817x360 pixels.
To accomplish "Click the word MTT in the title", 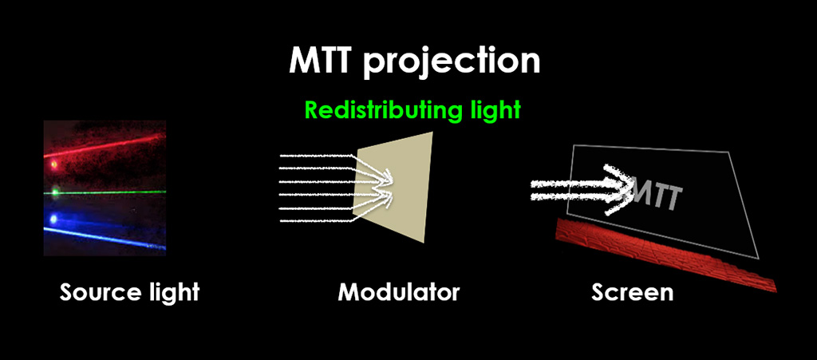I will coord(322,61).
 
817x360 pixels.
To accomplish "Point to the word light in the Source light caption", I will coord(172,292).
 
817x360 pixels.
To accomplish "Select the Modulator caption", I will coord(399,292).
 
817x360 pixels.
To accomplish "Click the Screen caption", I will coord(633,292).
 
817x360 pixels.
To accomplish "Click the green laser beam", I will coord(112,192).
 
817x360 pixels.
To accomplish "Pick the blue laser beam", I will coord(112,235).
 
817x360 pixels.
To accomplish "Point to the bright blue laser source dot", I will coord(54,218).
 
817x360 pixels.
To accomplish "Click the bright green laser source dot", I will coord(55,192).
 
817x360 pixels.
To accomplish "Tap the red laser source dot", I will coord(54,166).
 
